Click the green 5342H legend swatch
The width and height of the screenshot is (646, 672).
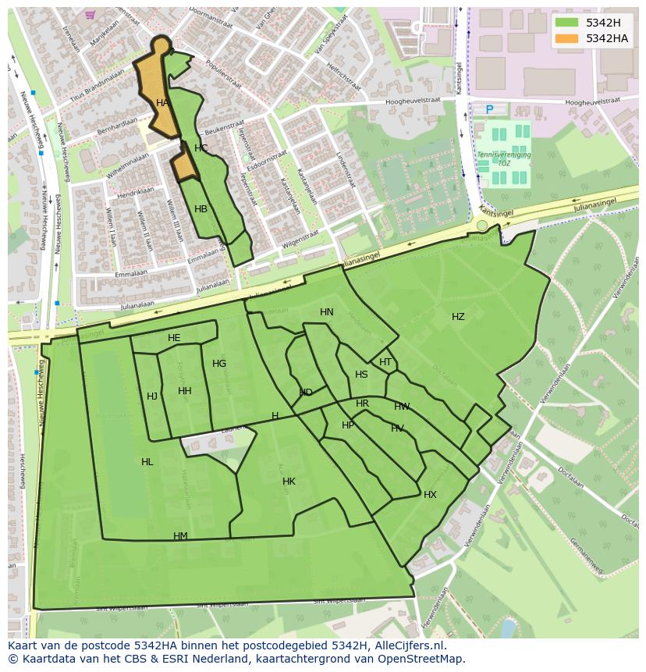pos(566,23)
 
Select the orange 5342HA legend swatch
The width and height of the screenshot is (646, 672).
pos(566,38)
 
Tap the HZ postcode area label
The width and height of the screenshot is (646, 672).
pos(458,317)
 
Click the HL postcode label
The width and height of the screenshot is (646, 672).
pos(147,462)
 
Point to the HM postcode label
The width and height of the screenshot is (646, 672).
pos(180,536)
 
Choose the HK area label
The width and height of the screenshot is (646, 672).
pos(289,482)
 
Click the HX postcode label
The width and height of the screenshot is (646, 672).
pos(430,495)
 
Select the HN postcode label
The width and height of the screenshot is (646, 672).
pos(327,312)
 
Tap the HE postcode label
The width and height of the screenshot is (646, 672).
pos(174,338)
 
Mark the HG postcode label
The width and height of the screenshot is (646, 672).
pos(219,364)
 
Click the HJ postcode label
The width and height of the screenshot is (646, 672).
pos(152,396)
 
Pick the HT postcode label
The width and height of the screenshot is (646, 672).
pos(385,362)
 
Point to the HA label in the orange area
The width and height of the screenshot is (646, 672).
pos(162,103)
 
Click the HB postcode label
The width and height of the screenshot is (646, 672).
pos(201,209)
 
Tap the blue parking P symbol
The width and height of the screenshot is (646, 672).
pos(490,110)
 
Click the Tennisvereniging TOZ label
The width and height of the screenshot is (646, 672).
pos(503,159)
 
